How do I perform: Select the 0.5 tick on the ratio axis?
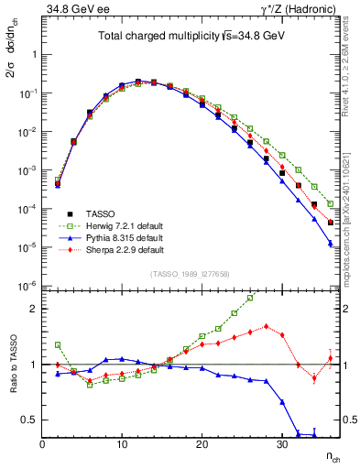click(x=30, y=420)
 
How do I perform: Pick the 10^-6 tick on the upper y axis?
click(x=27, y=287)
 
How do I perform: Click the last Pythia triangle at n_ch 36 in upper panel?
click(x=330, y=244)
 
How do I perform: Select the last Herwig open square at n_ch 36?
click(x=330, y=204)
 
